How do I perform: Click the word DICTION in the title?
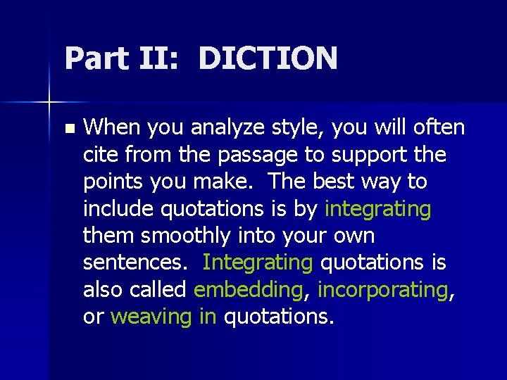pos(268,58)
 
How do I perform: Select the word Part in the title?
pos(95,58)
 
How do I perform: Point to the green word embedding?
pos(247,290)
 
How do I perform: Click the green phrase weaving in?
pos(163,317)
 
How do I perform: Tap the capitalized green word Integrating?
pos(257,262)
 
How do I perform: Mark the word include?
pos(119,209)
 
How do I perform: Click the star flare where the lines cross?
pos(49,103)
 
